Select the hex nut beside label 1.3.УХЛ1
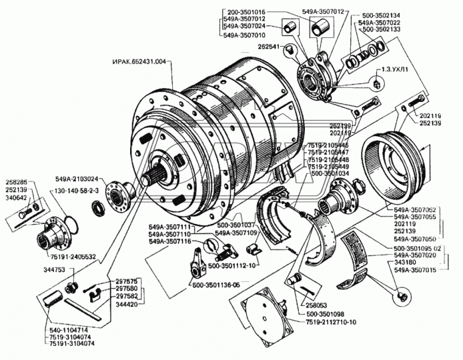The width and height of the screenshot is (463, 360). click(x=378, y=83)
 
